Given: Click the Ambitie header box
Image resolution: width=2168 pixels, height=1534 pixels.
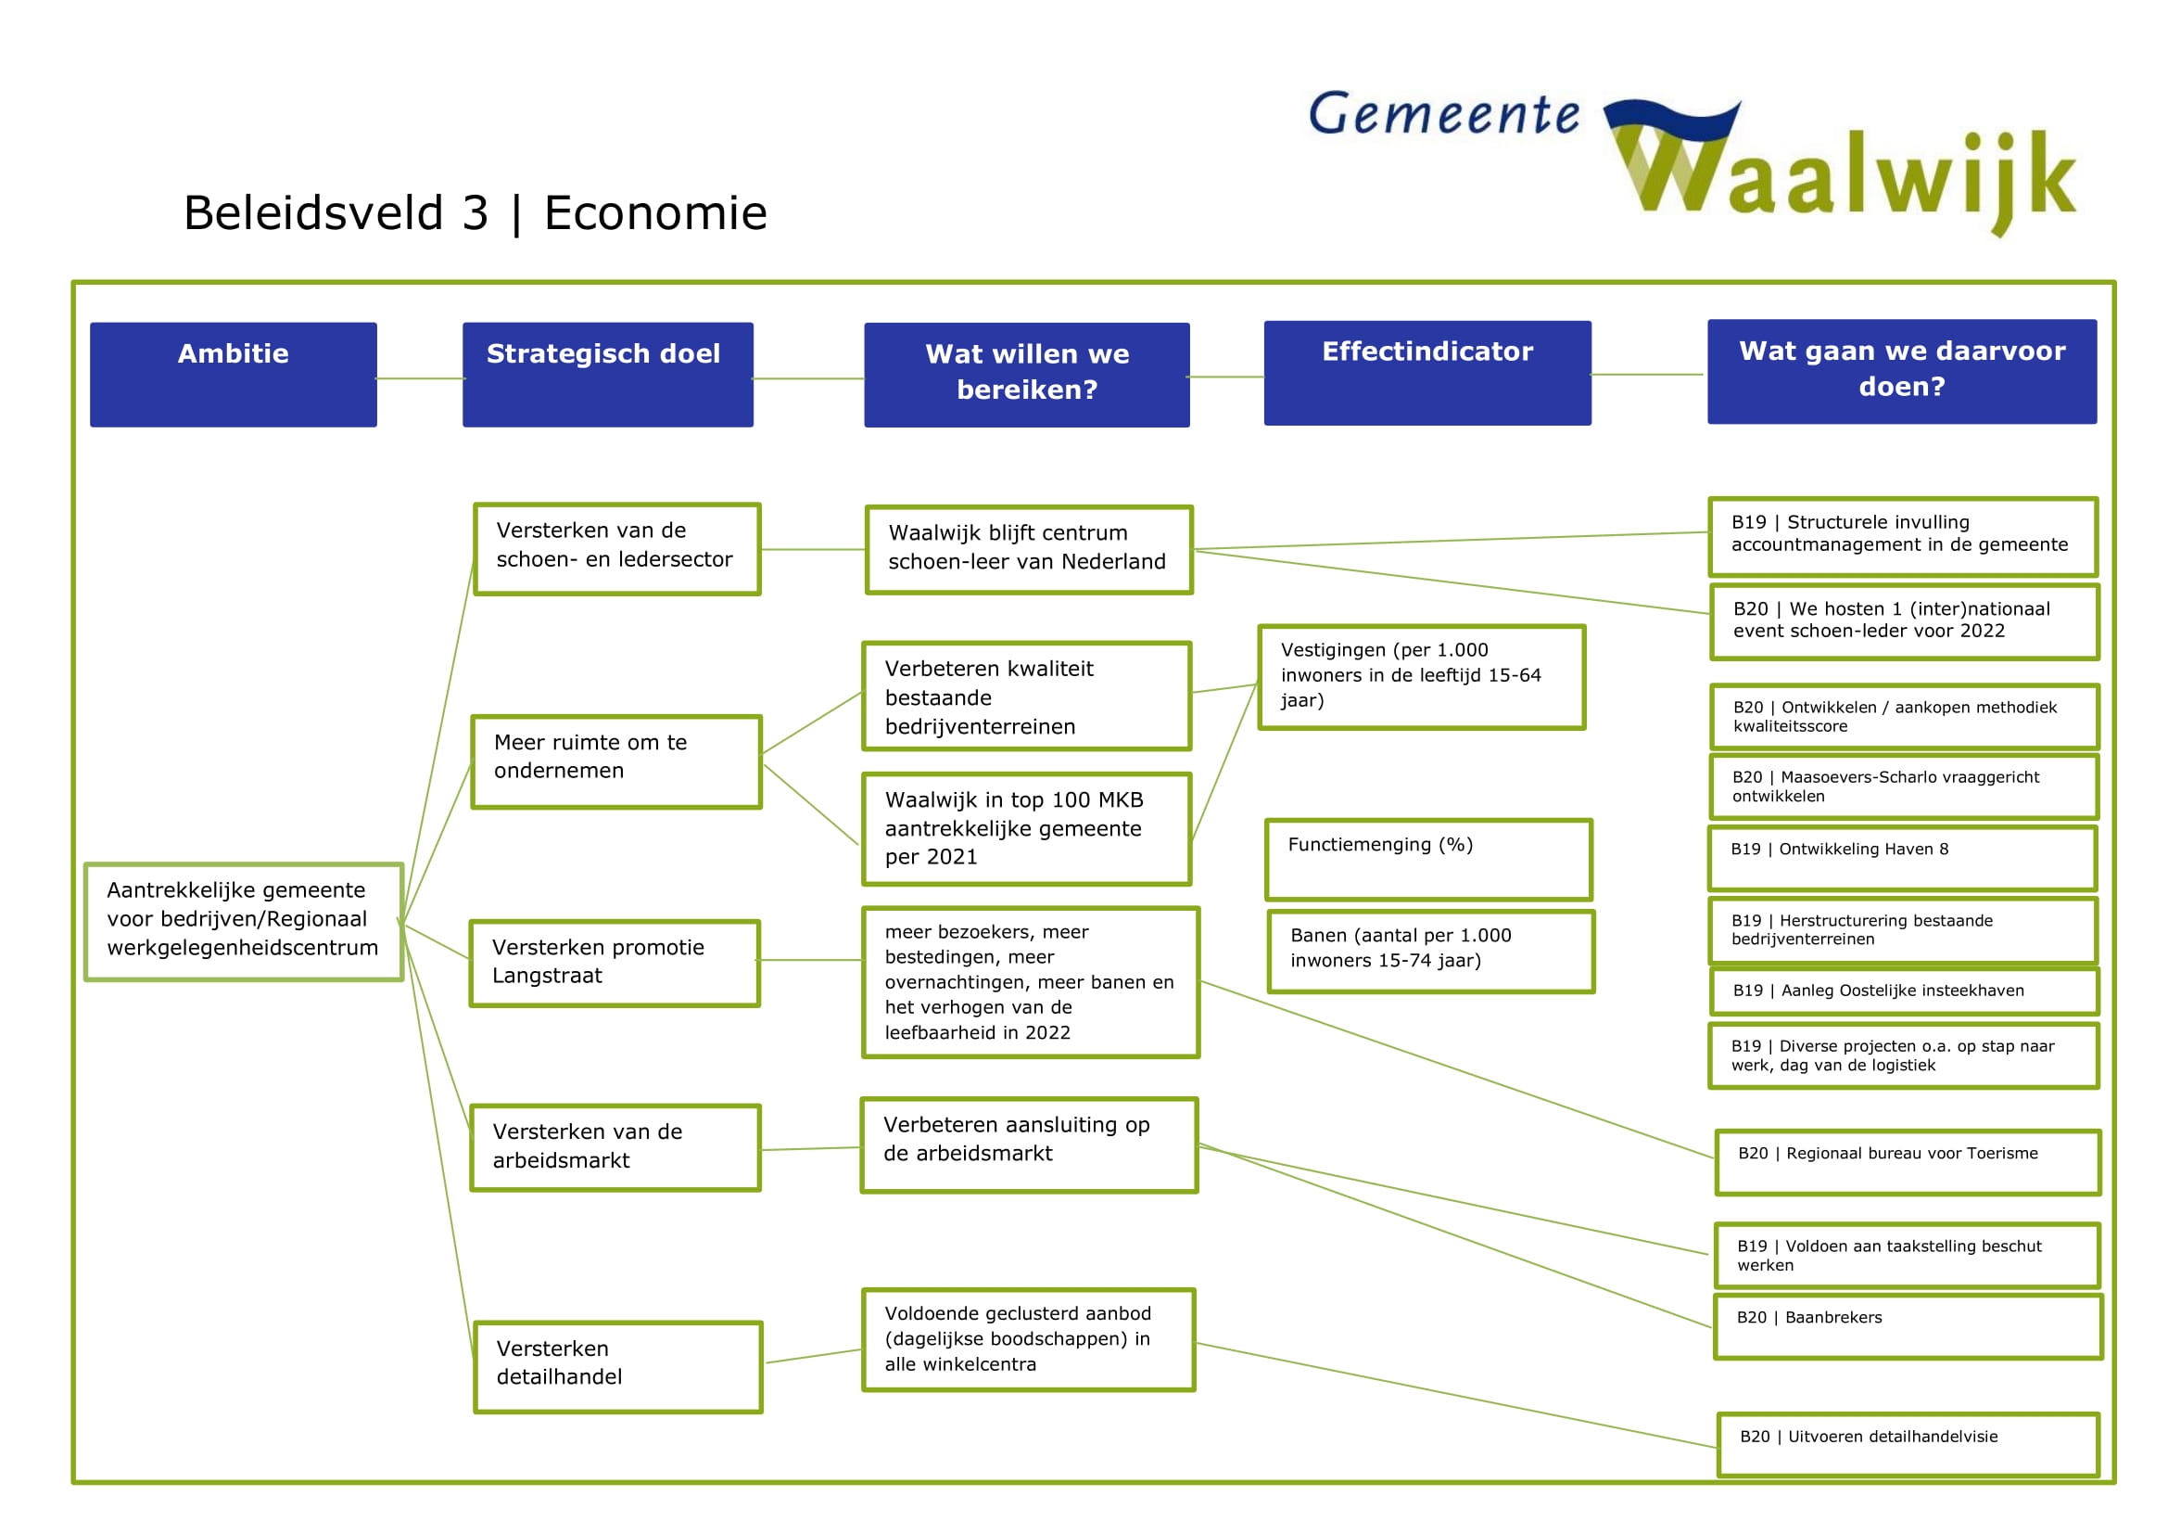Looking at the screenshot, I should coord(234,374).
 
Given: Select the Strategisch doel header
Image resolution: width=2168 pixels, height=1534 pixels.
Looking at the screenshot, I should coord(607,374).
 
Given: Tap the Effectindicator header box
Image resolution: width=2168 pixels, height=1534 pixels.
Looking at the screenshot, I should coord(1426,373).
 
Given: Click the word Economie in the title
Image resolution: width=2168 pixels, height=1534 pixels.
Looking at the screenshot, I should coord(655,212).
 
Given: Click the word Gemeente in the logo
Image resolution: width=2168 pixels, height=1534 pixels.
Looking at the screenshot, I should coord(1443,115).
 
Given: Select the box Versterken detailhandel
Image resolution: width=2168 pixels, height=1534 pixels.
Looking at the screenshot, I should coord(617,1366).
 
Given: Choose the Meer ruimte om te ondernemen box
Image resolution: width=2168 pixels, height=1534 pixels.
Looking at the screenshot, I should coord(615,761).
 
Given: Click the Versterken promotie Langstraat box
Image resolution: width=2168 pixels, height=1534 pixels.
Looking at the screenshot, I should coord(615,963).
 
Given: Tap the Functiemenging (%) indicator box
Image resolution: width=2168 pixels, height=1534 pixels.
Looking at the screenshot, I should coord(1427,859).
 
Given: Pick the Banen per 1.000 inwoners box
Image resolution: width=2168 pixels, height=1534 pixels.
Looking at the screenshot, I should coord(1430,952).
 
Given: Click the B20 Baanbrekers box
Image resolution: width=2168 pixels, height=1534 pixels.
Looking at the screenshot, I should coord(1908,1326).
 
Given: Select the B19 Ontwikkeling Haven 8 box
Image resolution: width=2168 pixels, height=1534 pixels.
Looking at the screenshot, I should coord(1902,858).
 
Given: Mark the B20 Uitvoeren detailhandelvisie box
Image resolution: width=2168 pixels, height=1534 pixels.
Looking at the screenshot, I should coord(1908,1443).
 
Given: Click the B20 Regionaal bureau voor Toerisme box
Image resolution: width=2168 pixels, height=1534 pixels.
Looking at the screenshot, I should coord(1908,1162).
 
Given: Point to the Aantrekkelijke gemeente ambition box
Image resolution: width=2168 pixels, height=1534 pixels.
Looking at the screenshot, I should coord(244,921).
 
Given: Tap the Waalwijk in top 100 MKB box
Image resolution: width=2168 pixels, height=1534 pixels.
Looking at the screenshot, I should coord(1026,828).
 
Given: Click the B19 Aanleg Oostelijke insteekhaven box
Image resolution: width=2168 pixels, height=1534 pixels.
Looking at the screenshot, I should coord(1904,991).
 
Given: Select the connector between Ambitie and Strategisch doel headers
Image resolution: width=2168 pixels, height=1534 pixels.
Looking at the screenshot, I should coord(420,378).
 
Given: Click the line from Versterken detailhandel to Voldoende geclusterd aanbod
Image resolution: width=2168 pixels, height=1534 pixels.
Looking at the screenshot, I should coord(813,1356).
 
